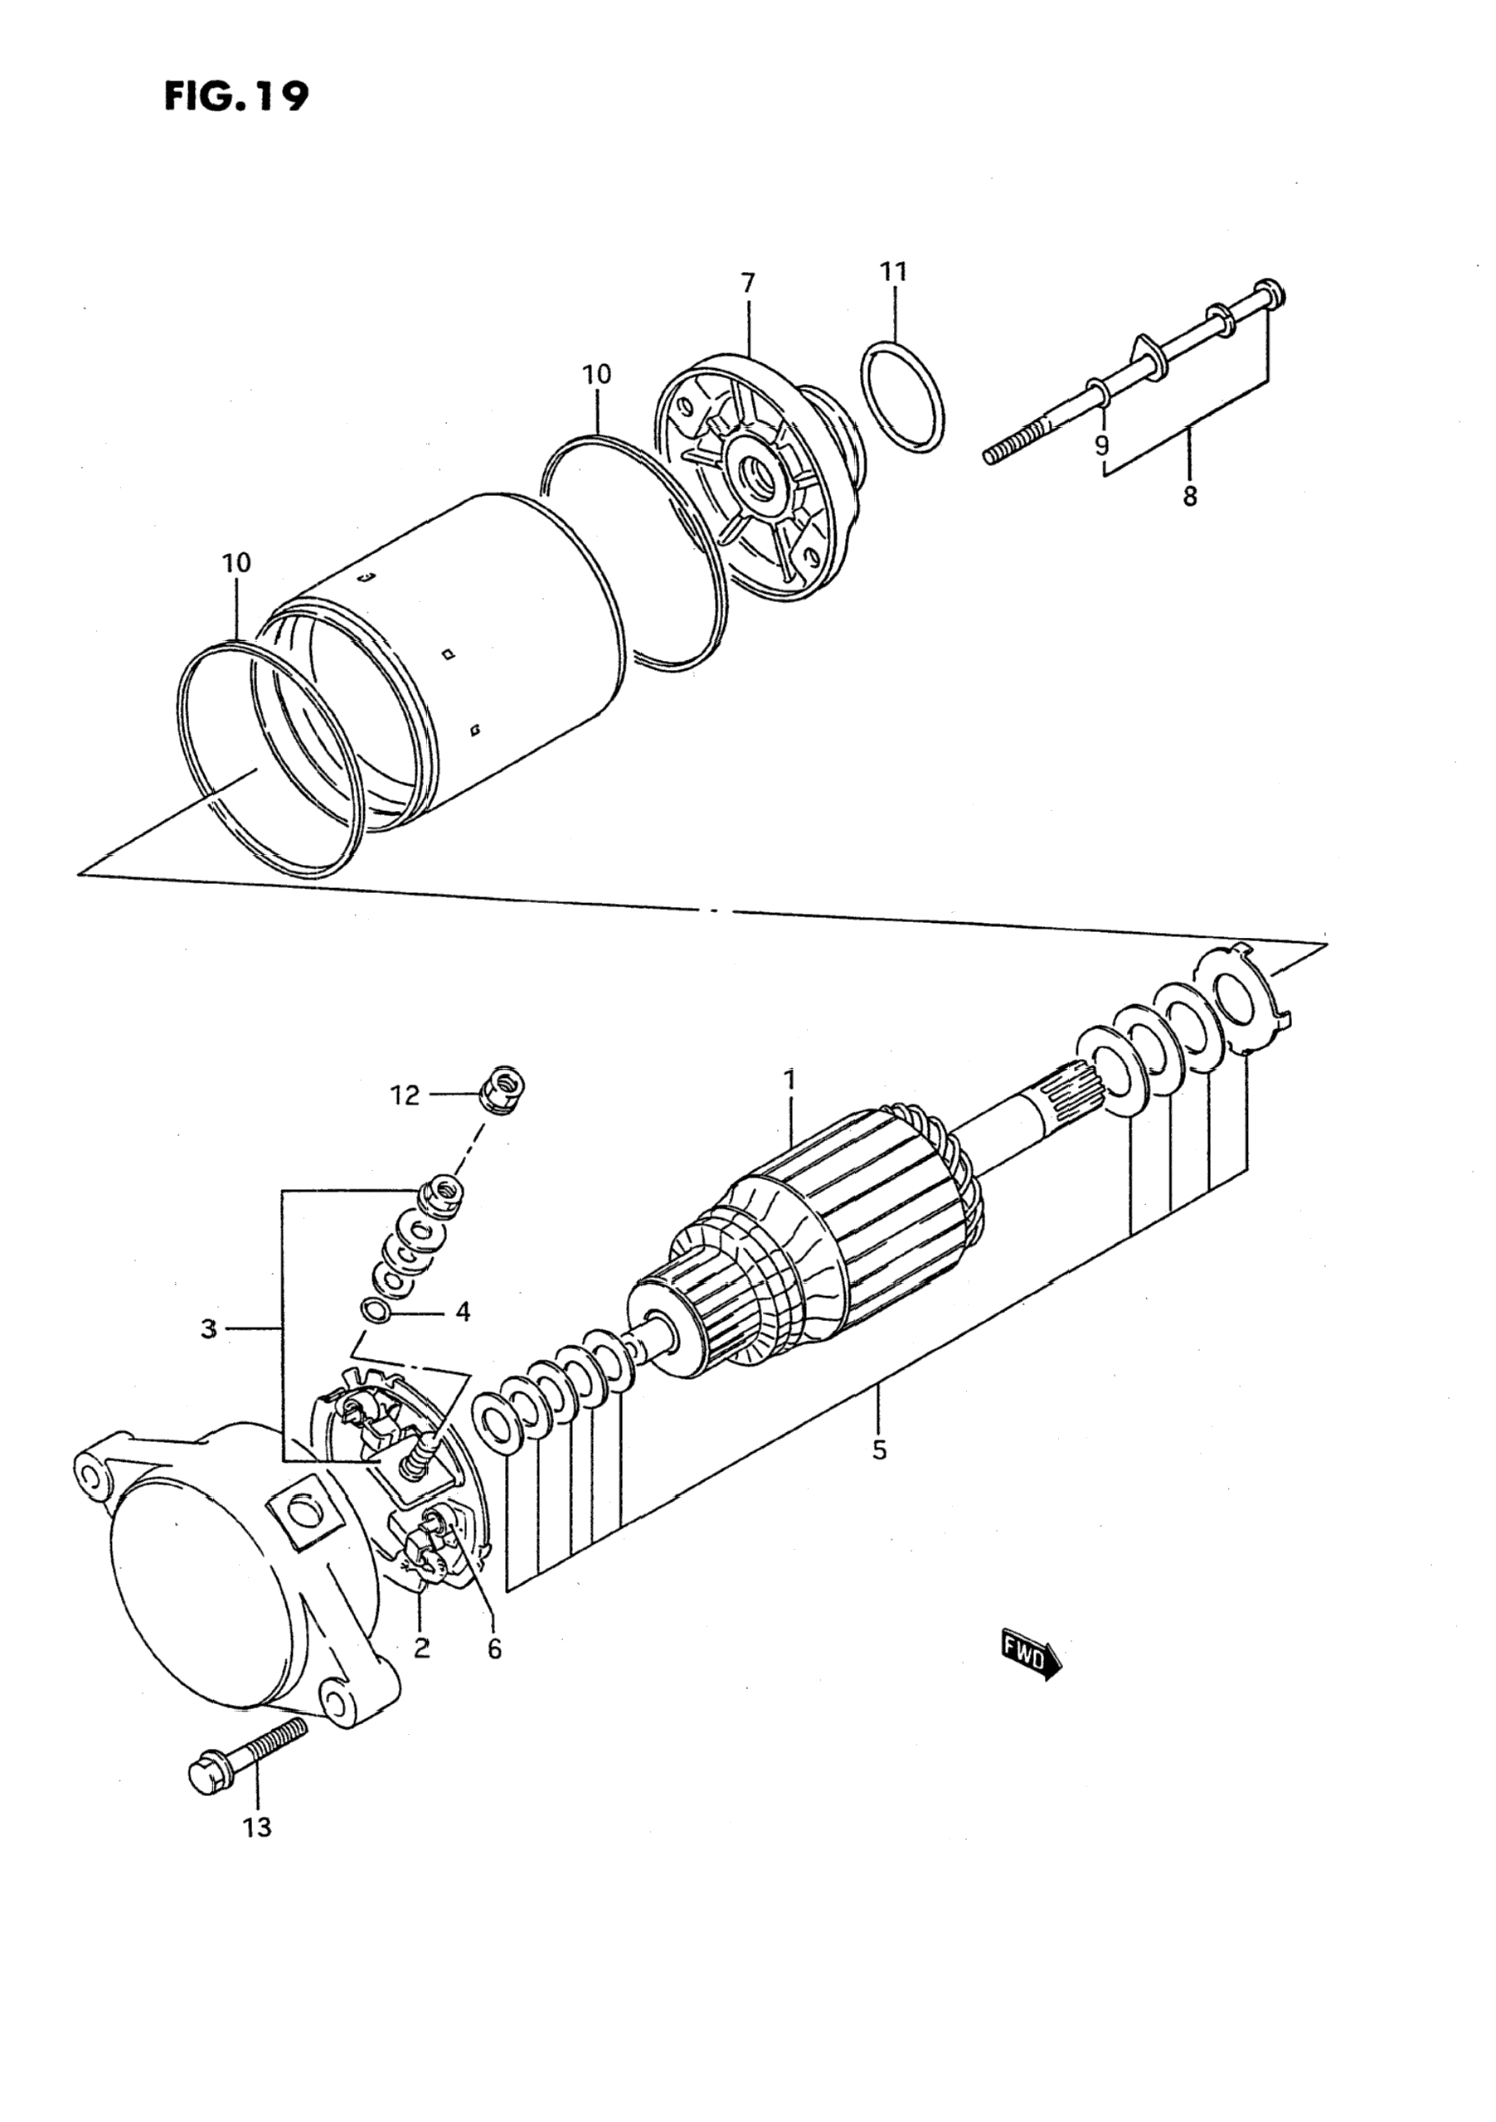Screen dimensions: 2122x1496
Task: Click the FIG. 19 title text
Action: (x=236, y=95)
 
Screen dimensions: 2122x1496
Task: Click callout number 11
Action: (x=892, y=272)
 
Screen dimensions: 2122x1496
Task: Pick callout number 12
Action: (x=406, y=1095)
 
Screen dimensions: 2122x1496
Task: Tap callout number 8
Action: (x=1189, y=497)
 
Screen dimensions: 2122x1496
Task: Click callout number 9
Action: (x=1101, y=445)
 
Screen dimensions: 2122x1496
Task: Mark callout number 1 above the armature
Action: (x=789, y=1079)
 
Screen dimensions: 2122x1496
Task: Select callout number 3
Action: (x=209, y=1329)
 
